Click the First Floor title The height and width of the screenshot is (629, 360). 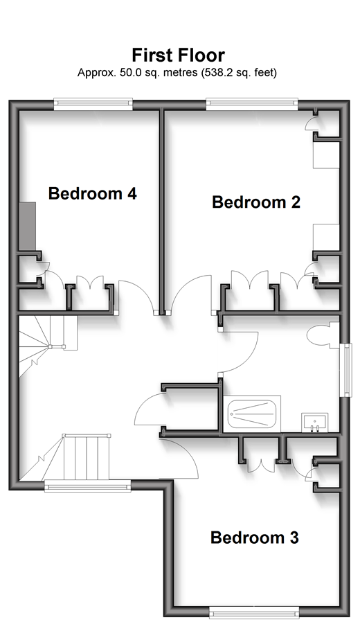[x=179, y=55]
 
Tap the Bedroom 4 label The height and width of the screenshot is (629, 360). [x=93, y=193]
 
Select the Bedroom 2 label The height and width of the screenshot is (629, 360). [x=256, y=202]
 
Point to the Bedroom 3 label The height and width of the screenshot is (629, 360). [x=255, y=537]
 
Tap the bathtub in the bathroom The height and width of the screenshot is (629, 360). [x=252, y=414]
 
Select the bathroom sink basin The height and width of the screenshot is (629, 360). [x=315, y=423]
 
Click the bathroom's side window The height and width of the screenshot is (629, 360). [x=345, y=370]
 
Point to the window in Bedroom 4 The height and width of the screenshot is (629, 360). [x=93, y=104]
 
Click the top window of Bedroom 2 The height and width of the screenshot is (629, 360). [x=252, y=104]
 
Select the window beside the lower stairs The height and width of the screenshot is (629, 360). [x=87, y=486]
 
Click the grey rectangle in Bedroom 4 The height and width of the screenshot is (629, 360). [x=28, y=227]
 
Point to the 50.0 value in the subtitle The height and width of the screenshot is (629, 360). [x=130, y=73]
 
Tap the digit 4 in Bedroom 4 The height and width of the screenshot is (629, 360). [x=132, y=193]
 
